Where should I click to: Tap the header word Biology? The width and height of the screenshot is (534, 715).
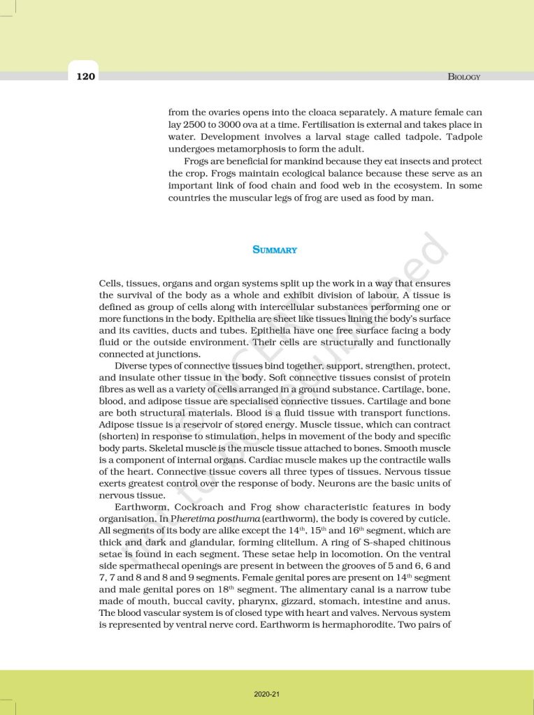click(463, 77)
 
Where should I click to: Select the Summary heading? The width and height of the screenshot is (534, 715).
click(275, 249)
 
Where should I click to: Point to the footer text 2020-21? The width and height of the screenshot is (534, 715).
click(267, 693)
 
